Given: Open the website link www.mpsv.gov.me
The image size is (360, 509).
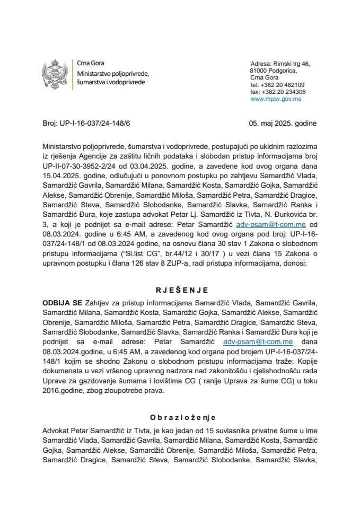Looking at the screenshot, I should point(276,99).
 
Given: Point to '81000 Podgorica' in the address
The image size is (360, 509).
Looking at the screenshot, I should point(273,71).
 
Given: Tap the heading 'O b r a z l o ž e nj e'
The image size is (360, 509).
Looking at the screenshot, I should point(180,417).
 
